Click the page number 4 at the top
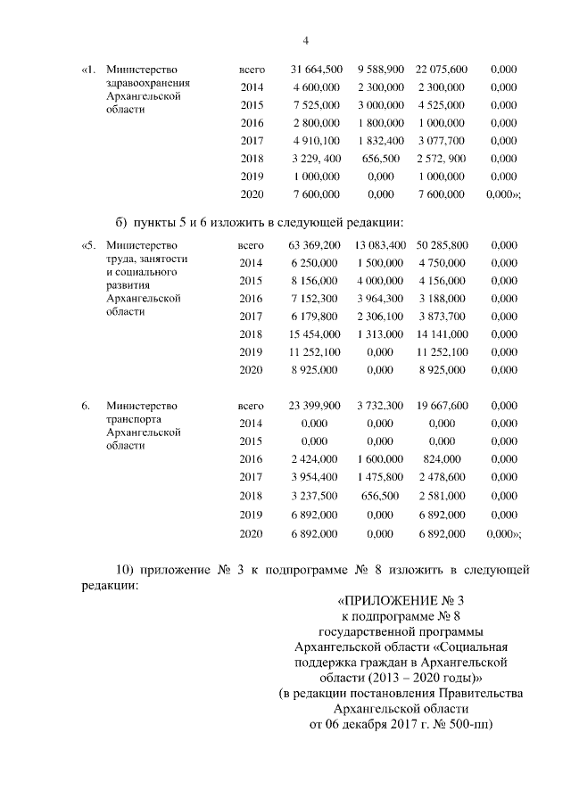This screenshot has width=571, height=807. pyautogui.click(x=306, y=41)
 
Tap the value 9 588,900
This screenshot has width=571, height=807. pyautogui.click(x=381, y=69)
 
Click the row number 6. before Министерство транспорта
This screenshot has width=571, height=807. pyautogui.click(x=86, y=405)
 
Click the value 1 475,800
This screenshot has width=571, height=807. pyautogui.click(x=381, y=476)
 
